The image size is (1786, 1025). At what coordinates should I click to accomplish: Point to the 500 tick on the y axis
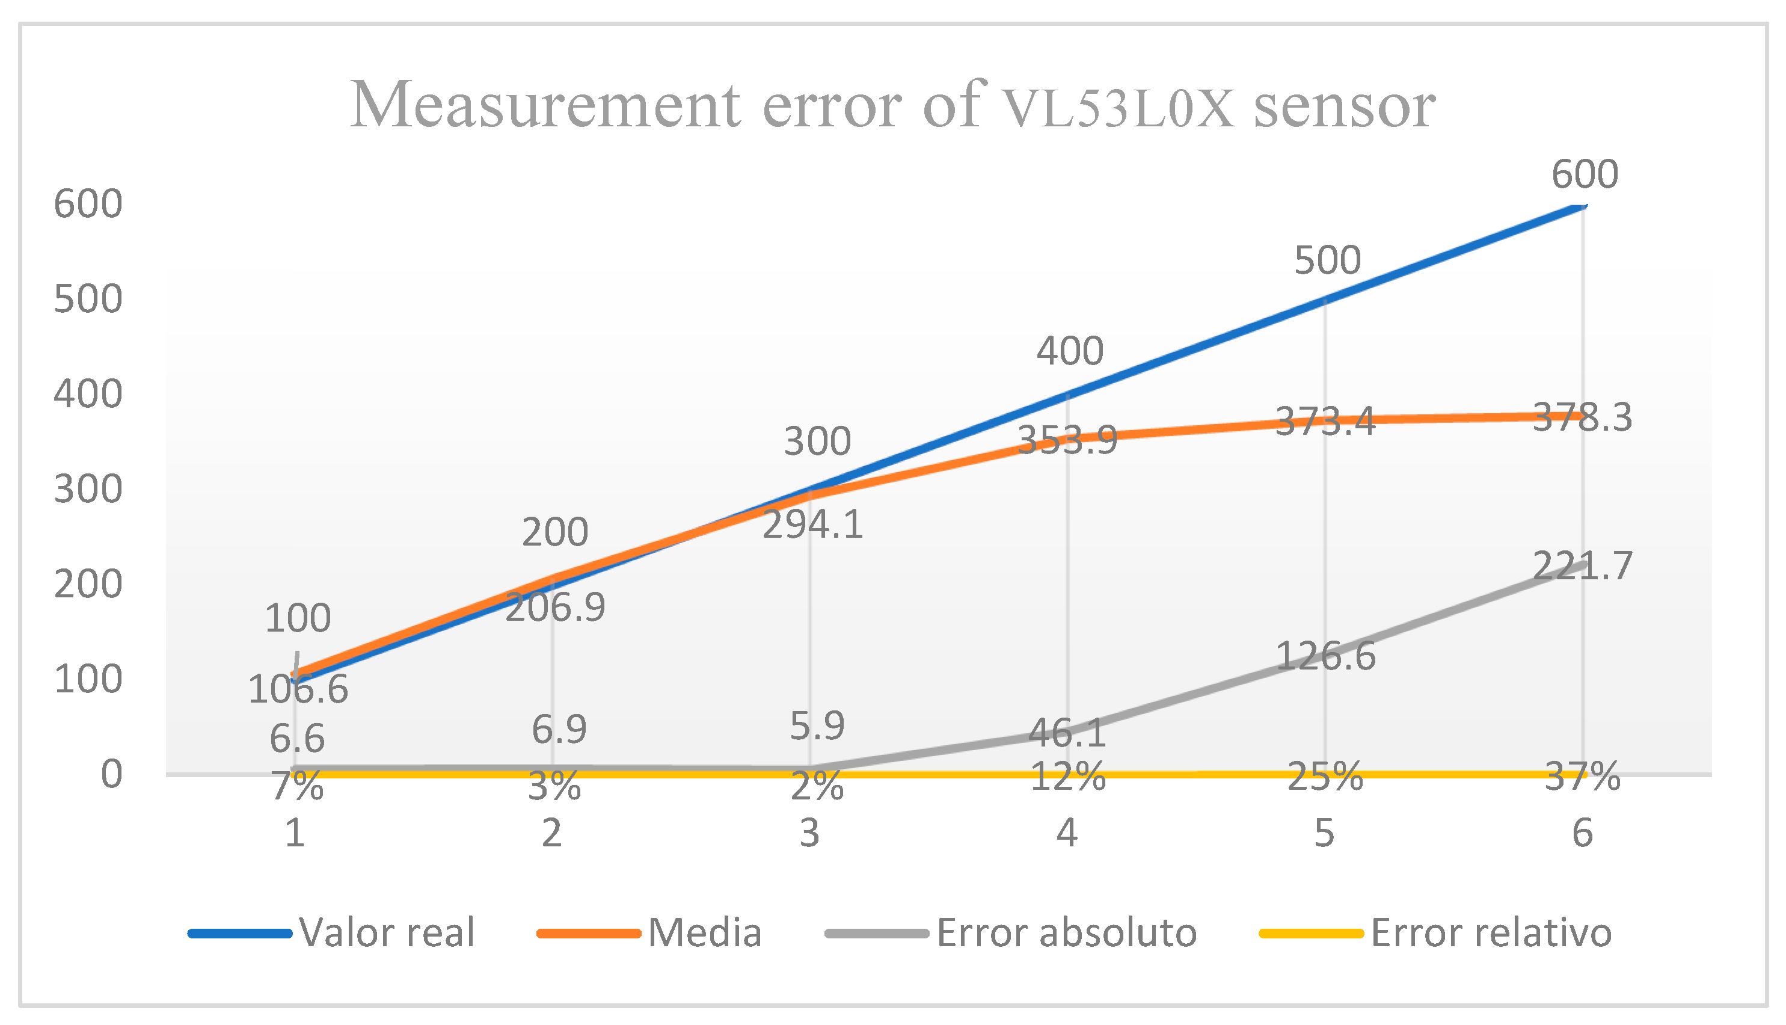click(x=88, y=299)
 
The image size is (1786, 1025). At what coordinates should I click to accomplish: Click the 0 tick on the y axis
click(x=111, y=774)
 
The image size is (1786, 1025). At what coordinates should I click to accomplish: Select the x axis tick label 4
click(x=1067, y=834)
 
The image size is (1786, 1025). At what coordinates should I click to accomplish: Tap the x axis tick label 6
click(x=1583, y=834)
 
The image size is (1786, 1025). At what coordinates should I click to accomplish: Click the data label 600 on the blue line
click(x=1585, y=174)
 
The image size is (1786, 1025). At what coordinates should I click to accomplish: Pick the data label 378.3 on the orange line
click(x=1583, y=417)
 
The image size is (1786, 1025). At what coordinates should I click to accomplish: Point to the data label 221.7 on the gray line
click(x=1583, y=566)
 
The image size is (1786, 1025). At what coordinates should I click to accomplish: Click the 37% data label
click(x=1583, y=777)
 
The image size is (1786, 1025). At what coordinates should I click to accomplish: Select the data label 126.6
click(x=1325, y=657)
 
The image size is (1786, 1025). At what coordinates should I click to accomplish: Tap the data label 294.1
click(x=813, y=525)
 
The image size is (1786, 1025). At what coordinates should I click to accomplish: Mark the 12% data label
click(x=1067, y=777)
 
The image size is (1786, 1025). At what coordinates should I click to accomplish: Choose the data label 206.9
click(x=555, y=607)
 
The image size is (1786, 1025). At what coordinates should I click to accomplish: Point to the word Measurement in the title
click(x=545, y=106)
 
